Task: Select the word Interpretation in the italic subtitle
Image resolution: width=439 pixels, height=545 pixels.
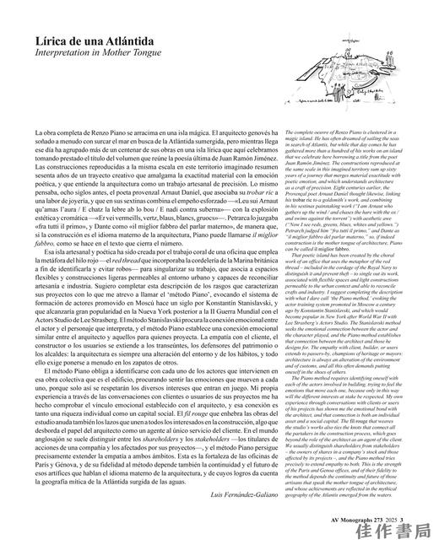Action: click(x=68, y=52)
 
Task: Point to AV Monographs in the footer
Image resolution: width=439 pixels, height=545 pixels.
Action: click(x=338, y=508)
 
